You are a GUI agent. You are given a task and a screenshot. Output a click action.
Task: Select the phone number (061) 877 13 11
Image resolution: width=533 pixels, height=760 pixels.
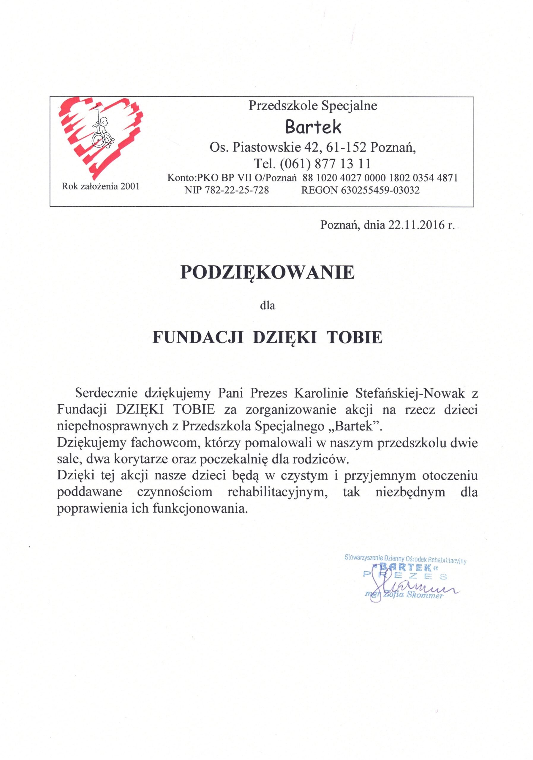click(325, 163)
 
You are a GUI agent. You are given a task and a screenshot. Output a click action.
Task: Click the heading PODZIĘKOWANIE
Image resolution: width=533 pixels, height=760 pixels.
click(267, 273)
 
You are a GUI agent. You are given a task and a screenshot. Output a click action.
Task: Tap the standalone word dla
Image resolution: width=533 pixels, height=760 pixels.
click(267, 305)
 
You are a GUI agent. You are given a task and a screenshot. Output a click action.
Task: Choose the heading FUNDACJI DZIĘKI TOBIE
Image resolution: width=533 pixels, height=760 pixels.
click(267, 337)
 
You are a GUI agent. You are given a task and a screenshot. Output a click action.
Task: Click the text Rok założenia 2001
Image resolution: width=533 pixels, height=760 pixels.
click(101, 186)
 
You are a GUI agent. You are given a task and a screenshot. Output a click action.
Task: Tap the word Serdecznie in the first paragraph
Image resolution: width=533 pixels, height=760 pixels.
click(106, 393)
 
